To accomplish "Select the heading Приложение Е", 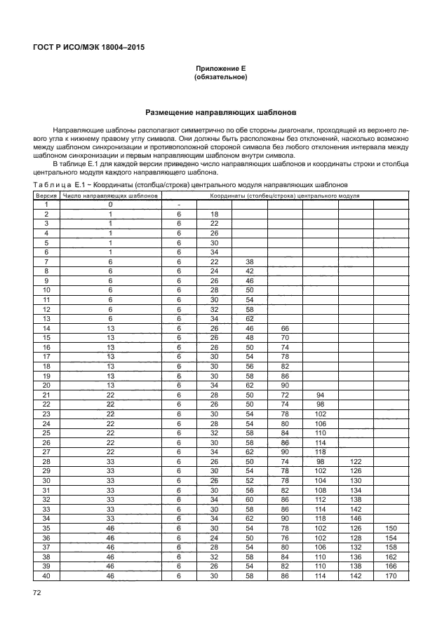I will click(x=221, y=69).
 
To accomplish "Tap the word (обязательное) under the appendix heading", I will click(x=221, y=78).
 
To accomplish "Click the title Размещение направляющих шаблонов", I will click(x=221, y=112).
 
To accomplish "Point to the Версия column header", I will click(x=46, y=196).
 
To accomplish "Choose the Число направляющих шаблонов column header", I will click(x=111, y=196).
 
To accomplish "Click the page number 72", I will click(x=38, y=593).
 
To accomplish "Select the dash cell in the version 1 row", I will click(x=180, y=205).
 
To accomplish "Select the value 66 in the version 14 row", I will click(x=285, y=328).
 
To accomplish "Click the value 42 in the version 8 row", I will click(x=249, y=271).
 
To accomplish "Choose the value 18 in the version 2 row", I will click(x=214, y=214).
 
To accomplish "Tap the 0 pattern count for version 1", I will click(x=111, y=205).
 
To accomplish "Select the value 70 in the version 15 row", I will click(x=285, y=337).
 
